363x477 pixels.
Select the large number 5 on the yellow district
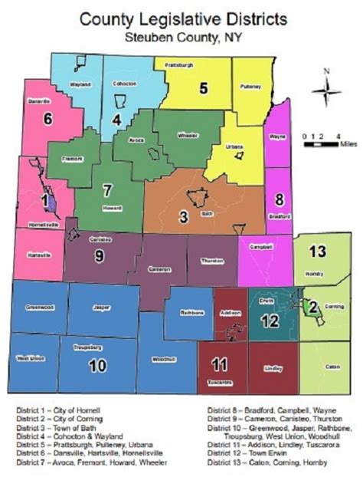(x=203, y=87)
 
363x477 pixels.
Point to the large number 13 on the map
(x=316, y=251)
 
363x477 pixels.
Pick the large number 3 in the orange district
(x=183, y=217)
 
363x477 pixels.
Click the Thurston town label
(x=211, y=261)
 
